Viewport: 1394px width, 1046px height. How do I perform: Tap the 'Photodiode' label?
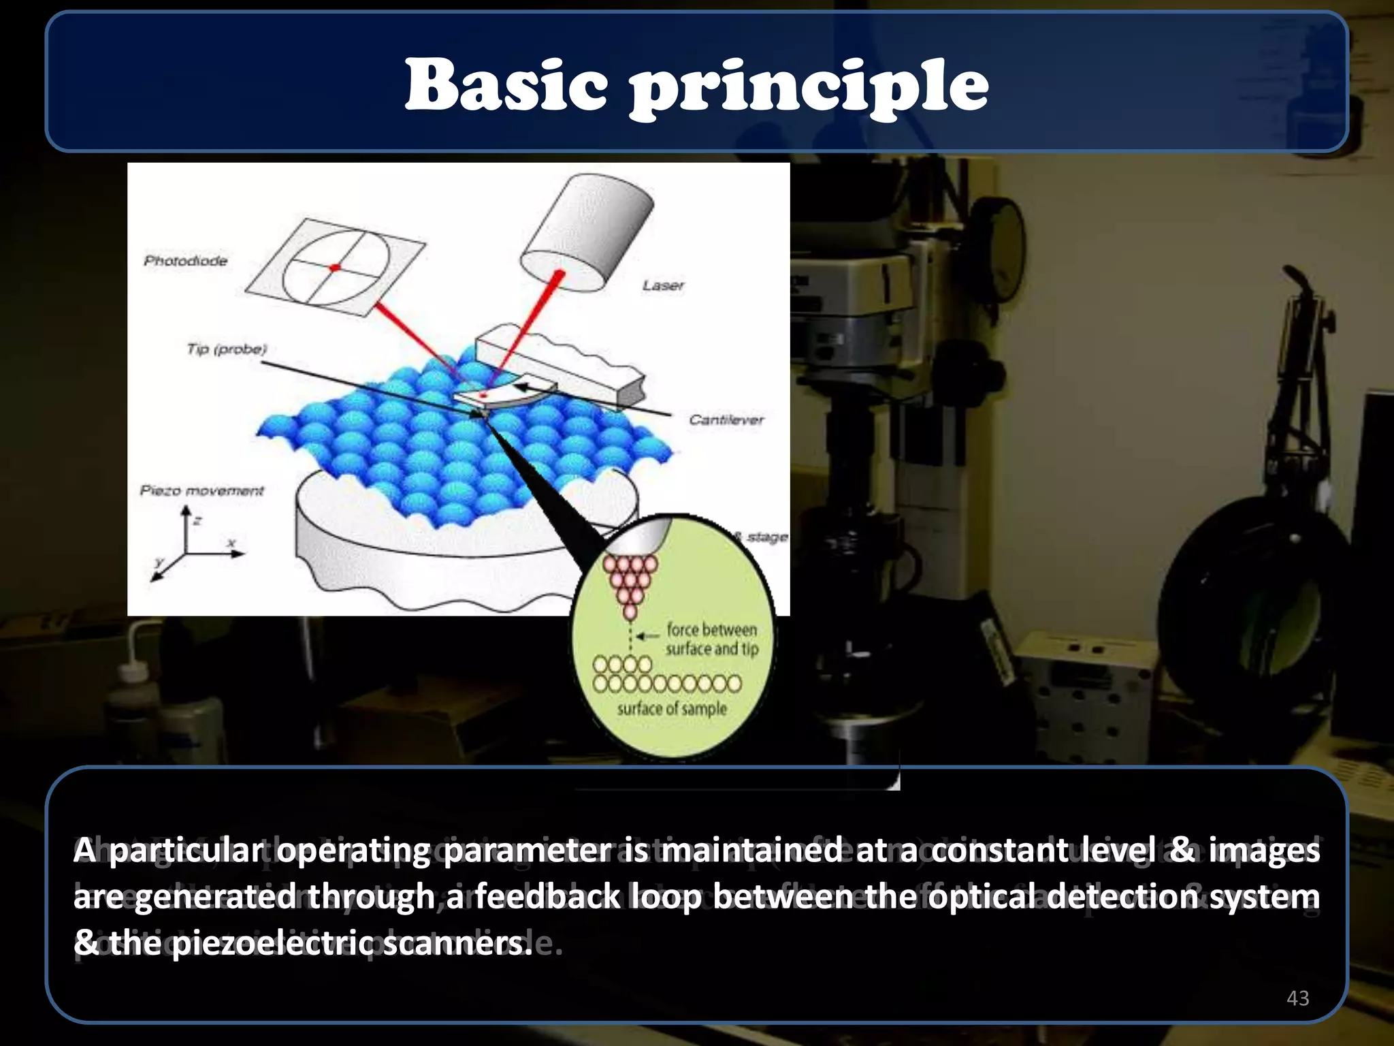click(x=185, y=261)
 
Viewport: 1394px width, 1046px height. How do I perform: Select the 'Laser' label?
click(x=662, y=285)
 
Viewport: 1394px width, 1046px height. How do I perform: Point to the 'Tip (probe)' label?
click(x=227, y=349)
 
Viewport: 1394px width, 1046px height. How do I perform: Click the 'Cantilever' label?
click(x=726, y=420)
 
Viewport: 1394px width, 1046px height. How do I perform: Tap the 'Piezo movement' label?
click(x=201, y=491)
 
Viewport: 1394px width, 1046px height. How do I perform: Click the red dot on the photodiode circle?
click(x=335, y=268)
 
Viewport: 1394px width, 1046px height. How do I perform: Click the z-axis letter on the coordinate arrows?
click(x=197, y=522)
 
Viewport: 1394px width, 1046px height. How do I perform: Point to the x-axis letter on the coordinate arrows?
click(x=231, y=543)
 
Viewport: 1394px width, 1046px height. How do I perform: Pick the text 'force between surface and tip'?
click(x=711, y=639)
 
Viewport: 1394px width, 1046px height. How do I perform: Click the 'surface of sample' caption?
click(x=672, y=709)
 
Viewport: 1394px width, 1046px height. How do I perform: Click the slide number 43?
click(x=1298, y=998)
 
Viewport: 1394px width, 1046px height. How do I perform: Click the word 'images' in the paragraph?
click(x=1264, y=851)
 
